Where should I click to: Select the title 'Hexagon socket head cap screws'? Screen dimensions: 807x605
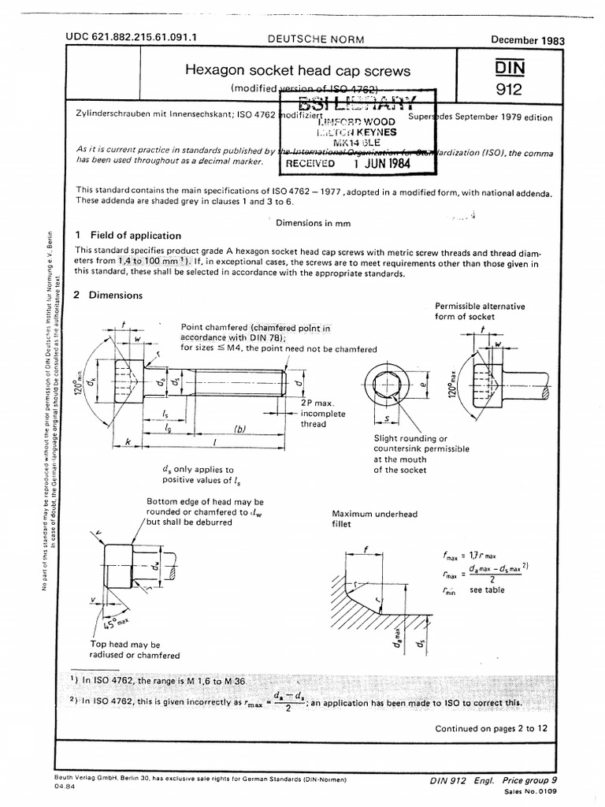297,71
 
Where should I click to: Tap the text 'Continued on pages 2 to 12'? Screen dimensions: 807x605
491,728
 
